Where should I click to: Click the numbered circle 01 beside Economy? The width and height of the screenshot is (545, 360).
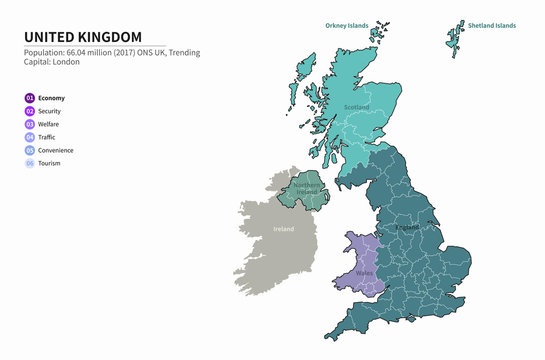click(30, 98)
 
